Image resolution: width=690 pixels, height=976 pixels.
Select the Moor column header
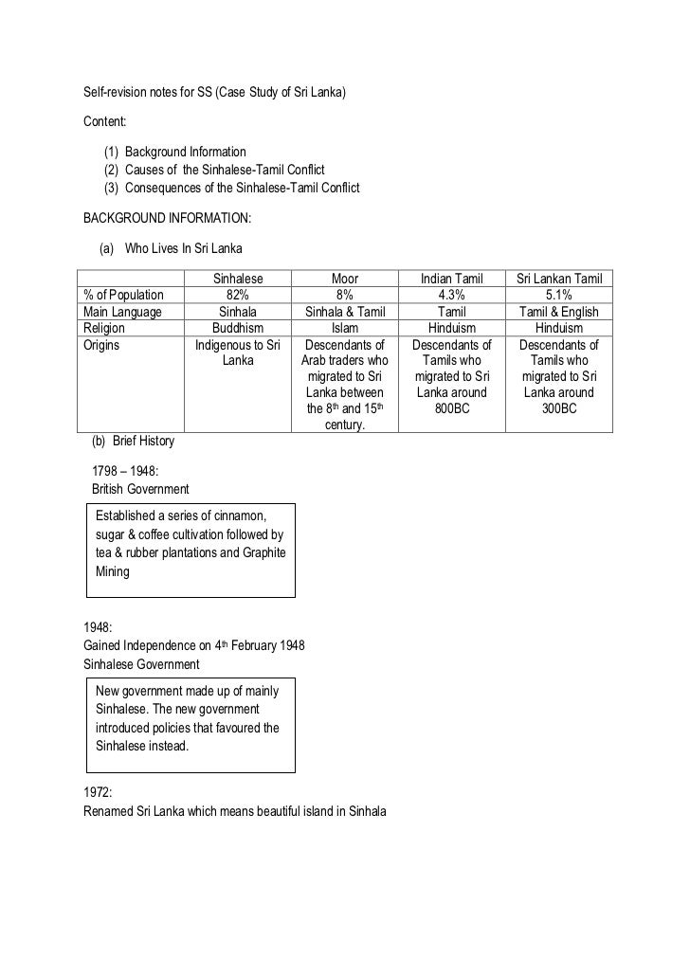[345, 280]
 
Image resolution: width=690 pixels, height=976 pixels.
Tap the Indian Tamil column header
[453, 280]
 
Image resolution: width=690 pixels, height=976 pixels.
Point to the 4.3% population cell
[453, 296]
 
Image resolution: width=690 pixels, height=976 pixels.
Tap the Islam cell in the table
[345, 329]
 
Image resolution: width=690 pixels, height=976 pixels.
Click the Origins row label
[102, 346]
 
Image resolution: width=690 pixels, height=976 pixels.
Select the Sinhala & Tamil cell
[345, 313]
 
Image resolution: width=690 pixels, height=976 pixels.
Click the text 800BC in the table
[453, 409]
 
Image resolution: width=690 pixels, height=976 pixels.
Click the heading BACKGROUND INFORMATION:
[168, 217]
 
